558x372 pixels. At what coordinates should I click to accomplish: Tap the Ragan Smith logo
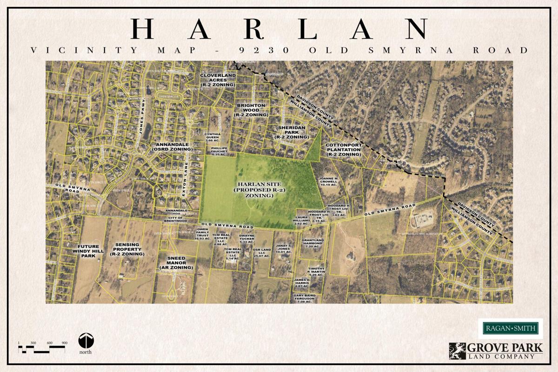510,329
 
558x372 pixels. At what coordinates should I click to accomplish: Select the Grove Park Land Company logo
496,351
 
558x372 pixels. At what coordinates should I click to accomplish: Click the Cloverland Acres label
218,80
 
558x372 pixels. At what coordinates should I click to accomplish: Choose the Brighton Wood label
252,110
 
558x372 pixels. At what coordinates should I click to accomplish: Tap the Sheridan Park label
291,133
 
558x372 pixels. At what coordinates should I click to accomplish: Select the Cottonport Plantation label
343,149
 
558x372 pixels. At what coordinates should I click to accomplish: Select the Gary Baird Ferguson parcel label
305,299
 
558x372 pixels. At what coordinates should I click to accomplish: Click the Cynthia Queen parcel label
212,137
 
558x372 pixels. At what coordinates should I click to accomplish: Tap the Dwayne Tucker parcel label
246,239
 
